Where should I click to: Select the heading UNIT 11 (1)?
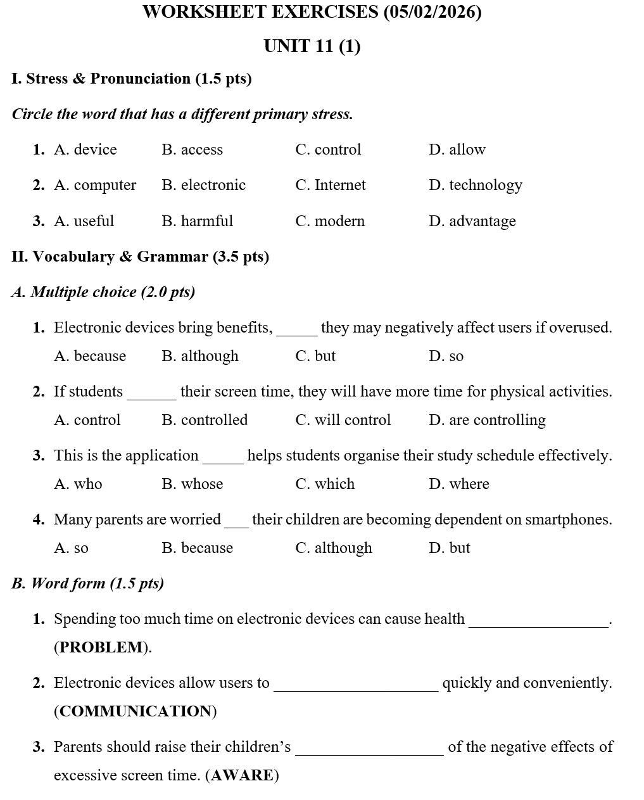[312, 46]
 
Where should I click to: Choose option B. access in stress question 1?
[193, 149]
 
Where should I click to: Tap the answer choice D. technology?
[476, 185]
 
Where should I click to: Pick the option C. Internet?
[331, 185]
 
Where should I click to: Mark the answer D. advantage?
[472, 221]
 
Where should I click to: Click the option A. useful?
[84, 221]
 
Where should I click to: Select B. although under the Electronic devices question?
[200, 356]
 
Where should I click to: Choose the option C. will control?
[343, 420]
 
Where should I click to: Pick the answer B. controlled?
[205, 420]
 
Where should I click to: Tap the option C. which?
[325, 484]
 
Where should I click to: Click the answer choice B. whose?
[193, 484]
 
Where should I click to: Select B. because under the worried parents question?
[198, 548]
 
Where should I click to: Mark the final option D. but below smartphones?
[450, 548]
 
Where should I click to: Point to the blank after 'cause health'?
[538, 621]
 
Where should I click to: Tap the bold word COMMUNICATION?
[136, 711]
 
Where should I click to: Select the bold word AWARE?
[242, 775]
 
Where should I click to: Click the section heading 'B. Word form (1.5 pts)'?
[87, 583]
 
